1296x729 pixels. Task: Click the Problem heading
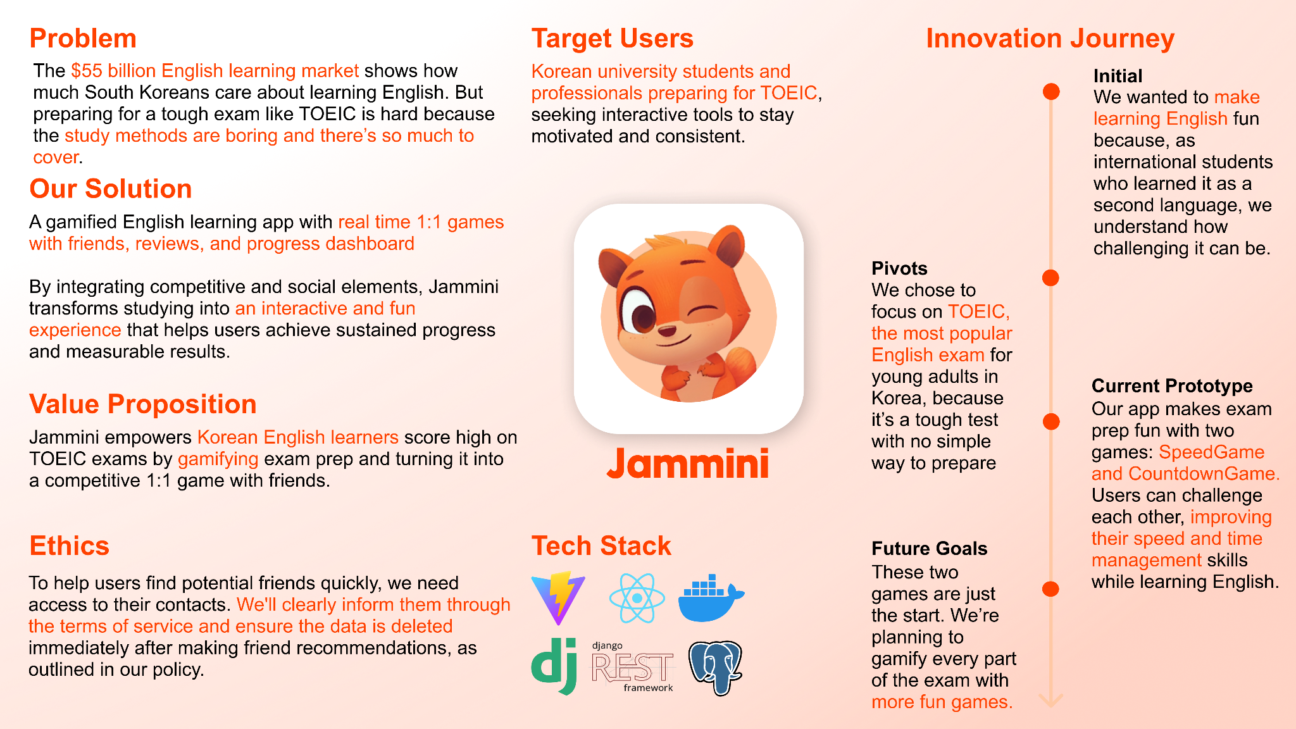[x=83, y=39]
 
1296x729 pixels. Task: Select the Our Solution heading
[x=111, y=189]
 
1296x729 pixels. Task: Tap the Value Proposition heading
[x=143, y=404]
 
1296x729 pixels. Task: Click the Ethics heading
[x=70, y=545]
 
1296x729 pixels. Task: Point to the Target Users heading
[x=613, y=39]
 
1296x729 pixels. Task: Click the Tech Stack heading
[x=601, y=545]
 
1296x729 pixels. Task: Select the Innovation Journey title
[x=1050, y=39]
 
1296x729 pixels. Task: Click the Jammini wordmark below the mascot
[x=688, y=464]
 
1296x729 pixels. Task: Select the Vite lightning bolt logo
[x=558, y=598]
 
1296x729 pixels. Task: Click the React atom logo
[x=637, y=598]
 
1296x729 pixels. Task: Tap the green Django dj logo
[x=554, y=666]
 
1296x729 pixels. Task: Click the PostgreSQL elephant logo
[x=715, y=668]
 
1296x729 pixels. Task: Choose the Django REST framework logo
[x=633, y=667]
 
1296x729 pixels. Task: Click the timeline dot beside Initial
[x=1051, y=92]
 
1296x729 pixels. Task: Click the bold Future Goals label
[x=930, y=549]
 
